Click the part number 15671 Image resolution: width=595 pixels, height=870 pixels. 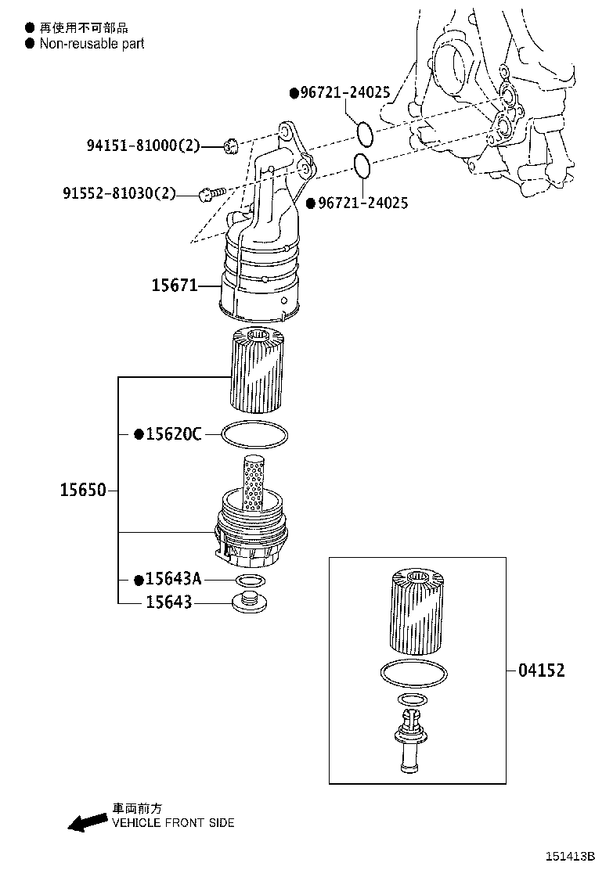point(174,287)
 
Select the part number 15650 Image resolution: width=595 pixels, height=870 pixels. point(82,491)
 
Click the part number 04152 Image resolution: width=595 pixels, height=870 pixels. point(541,670)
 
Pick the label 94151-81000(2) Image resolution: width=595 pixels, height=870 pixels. point(143,146)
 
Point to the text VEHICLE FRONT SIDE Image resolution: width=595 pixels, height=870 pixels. point(173,822)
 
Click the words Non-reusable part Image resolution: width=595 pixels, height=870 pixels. point(92,44)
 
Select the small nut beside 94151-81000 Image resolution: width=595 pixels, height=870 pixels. point(230,145)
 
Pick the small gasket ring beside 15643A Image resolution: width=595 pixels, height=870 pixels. point(249,580)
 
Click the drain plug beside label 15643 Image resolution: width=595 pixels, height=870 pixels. point(249,602)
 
